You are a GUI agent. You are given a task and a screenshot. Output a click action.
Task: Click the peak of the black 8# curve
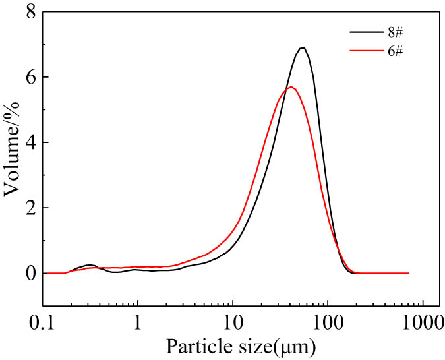[302, 48]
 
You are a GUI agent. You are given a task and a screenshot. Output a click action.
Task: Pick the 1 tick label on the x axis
[138, 322]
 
